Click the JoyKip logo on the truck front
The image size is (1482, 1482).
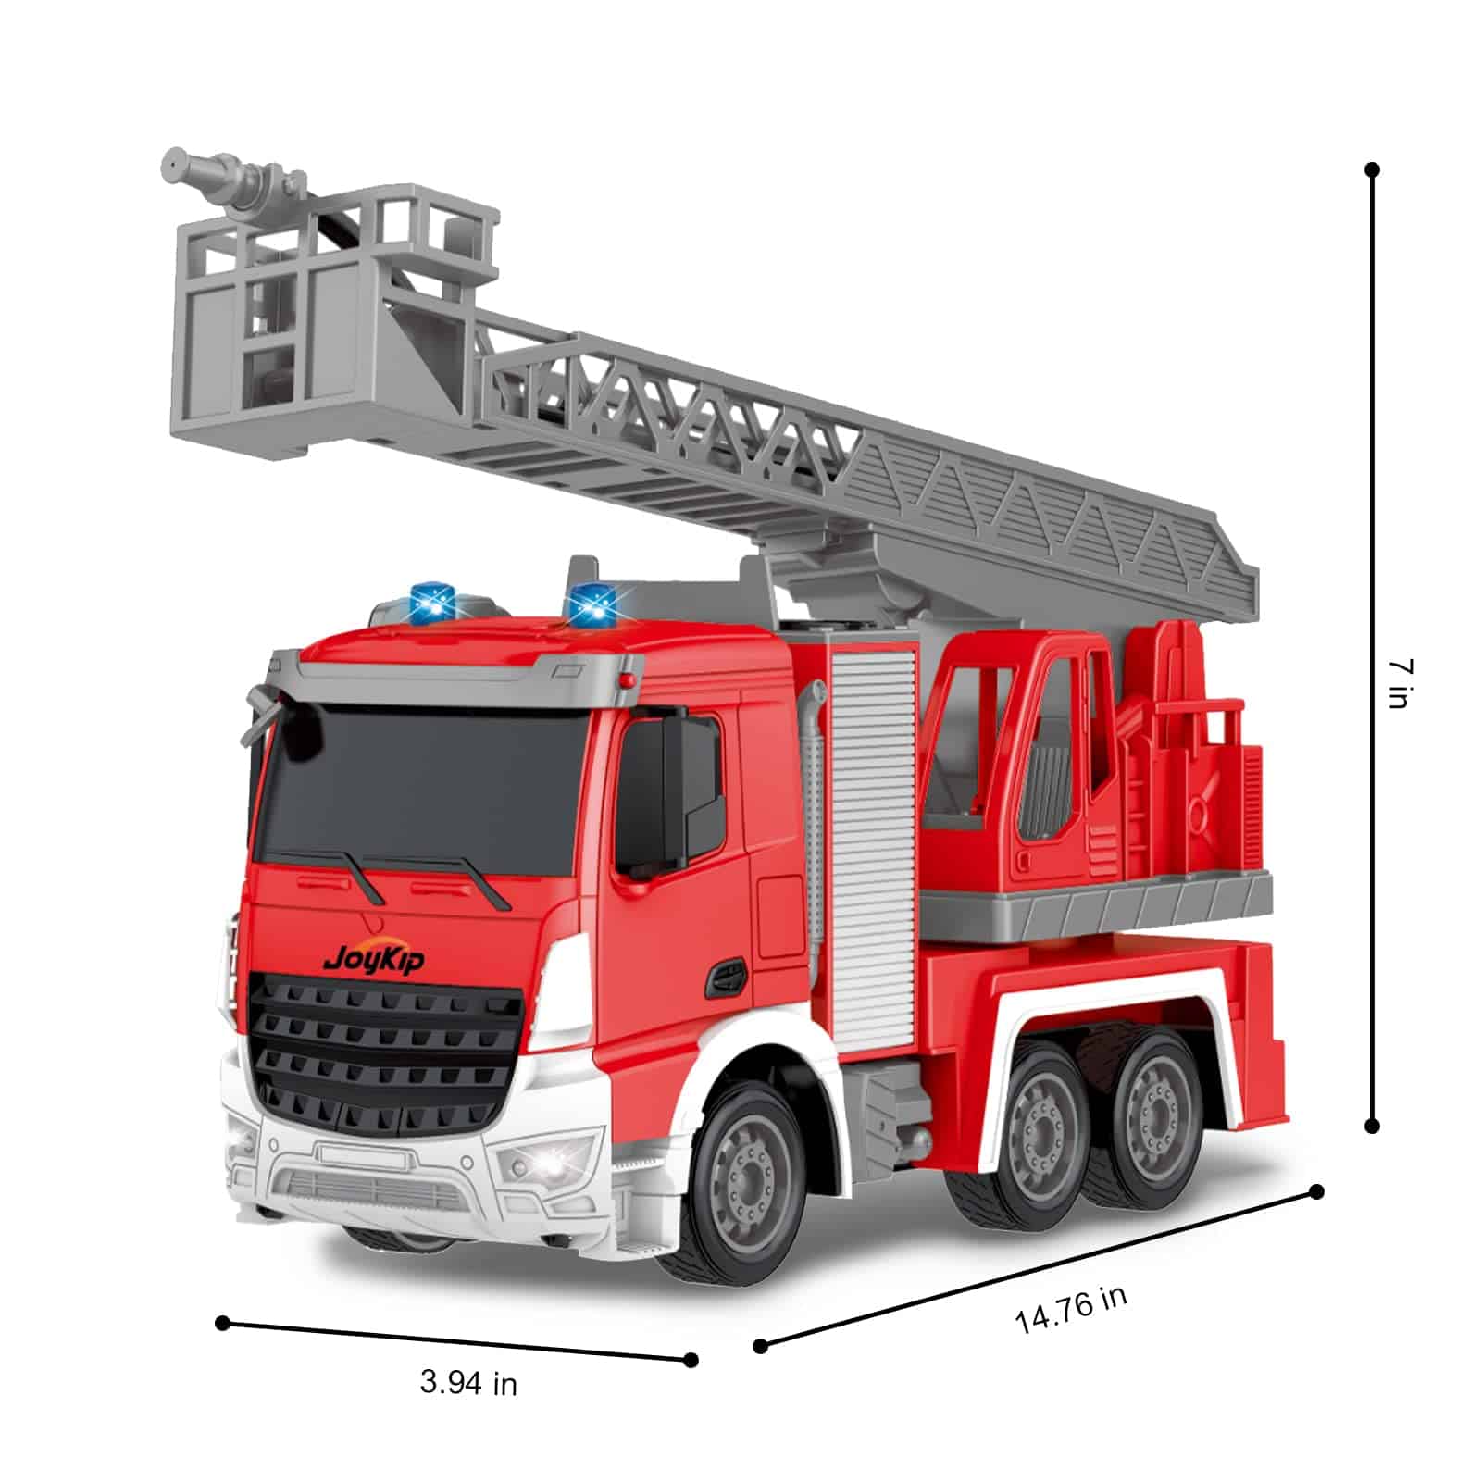pos(374,958)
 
